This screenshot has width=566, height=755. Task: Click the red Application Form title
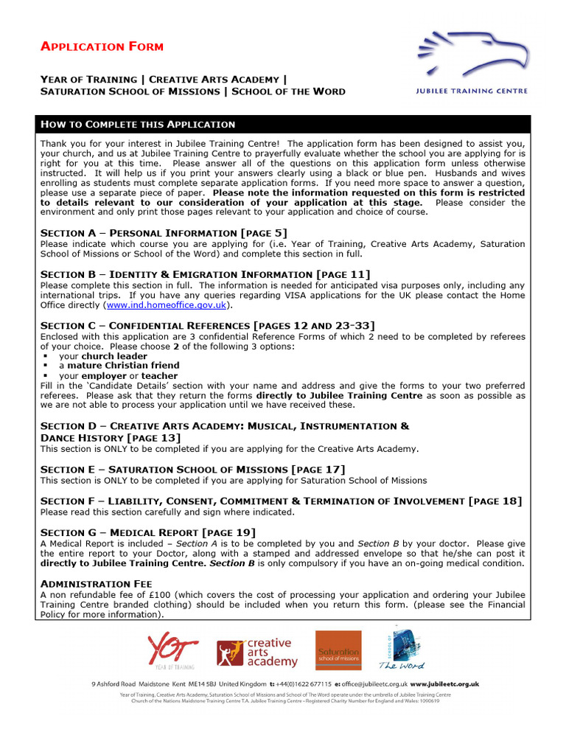102,46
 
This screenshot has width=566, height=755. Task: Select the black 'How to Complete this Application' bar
282,124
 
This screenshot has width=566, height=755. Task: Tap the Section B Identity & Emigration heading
205,274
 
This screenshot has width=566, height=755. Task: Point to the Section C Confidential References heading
207,325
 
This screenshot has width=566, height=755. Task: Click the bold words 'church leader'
113,356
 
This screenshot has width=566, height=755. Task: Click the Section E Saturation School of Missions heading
192,469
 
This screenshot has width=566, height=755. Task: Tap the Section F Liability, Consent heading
281,501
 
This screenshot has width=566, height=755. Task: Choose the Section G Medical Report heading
148,532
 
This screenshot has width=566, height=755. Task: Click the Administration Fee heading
96,583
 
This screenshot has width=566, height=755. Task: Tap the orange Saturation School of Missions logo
338,651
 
